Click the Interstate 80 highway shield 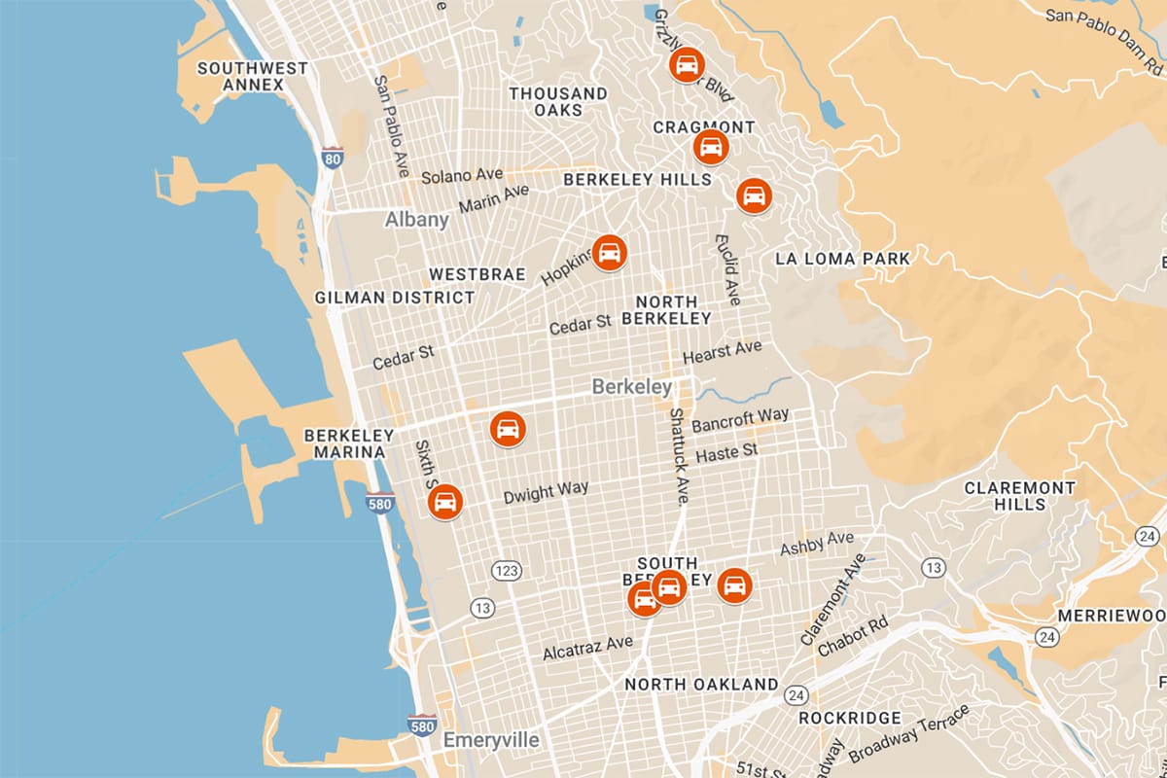pos(333,158)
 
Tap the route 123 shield pos(505,570)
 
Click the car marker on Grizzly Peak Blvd pos(687,65)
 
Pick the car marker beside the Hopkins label pos(610,253)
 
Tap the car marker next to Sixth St pos(445,502)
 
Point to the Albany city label pos(417,219)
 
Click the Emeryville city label pos(491,740)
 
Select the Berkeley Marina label pos(348,443)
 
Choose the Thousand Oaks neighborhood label pos(558,102)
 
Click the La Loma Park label pos(842,259)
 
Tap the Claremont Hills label pos(1019,496)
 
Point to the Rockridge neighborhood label pos(849,718)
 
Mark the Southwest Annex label pos(238,77)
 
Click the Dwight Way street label pos(546,492)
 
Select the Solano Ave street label pos(462,176)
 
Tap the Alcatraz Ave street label pos(587,647)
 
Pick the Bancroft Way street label pos(740,420)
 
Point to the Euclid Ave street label pos(727,268)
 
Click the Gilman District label pos(395,298)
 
